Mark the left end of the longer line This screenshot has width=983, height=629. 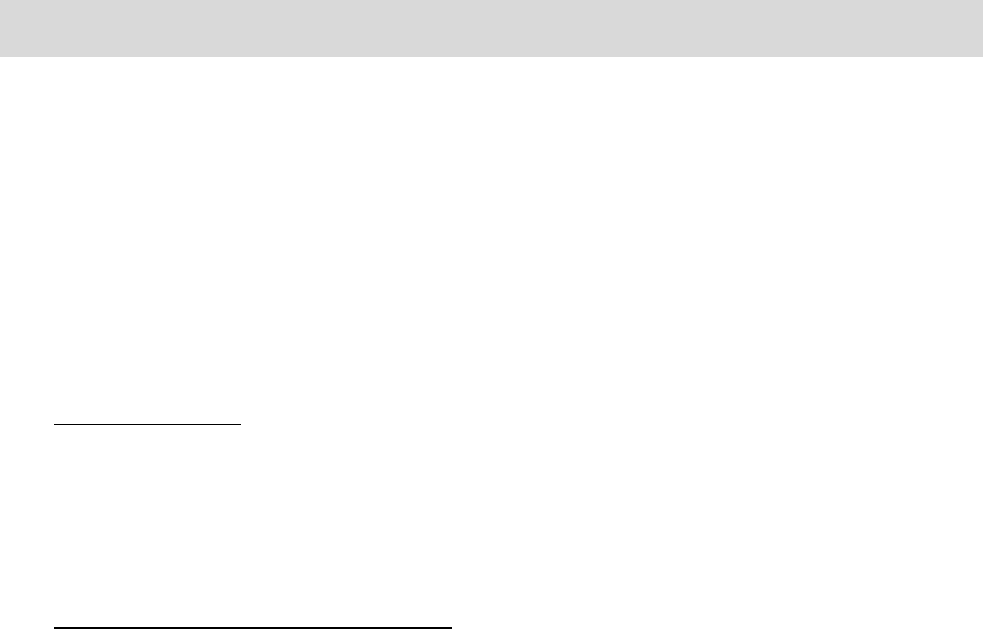(x=54, y=628)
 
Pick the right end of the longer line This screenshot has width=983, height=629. (x=451, y=628)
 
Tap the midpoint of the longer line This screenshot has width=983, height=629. (x=253, y=628)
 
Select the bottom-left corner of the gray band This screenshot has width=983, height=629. (x=0, y=56)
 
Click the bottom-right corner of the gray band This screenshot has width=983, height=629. (x=982, y=56)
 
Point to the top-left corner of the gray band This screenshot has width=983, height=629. (x=0, y=0)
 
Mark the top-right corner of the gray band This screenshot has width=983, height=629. (x=982, y=0)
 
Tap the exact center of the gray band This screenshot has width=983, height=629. (x=491, y=29)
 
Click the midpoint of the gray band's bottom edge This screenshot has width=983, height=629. (x=491, y=56)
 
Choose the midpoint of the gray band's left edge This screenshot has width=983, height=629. (x=0, y=29)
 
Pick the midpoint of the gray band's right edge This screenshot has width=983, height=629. (x=982, y=29)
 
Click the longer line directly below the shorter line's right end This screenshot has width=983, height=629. (x=242, y=628)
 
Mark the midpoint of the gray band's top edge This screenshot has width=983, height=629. (x=491, y=0)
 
